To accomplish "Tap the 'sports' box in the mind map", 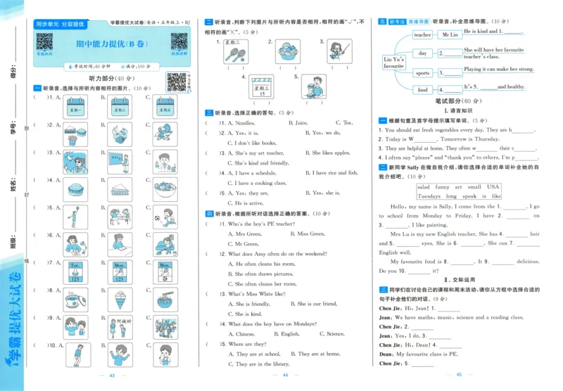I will (422, 72).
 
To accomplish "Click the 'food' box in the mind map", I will (422, 90).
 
